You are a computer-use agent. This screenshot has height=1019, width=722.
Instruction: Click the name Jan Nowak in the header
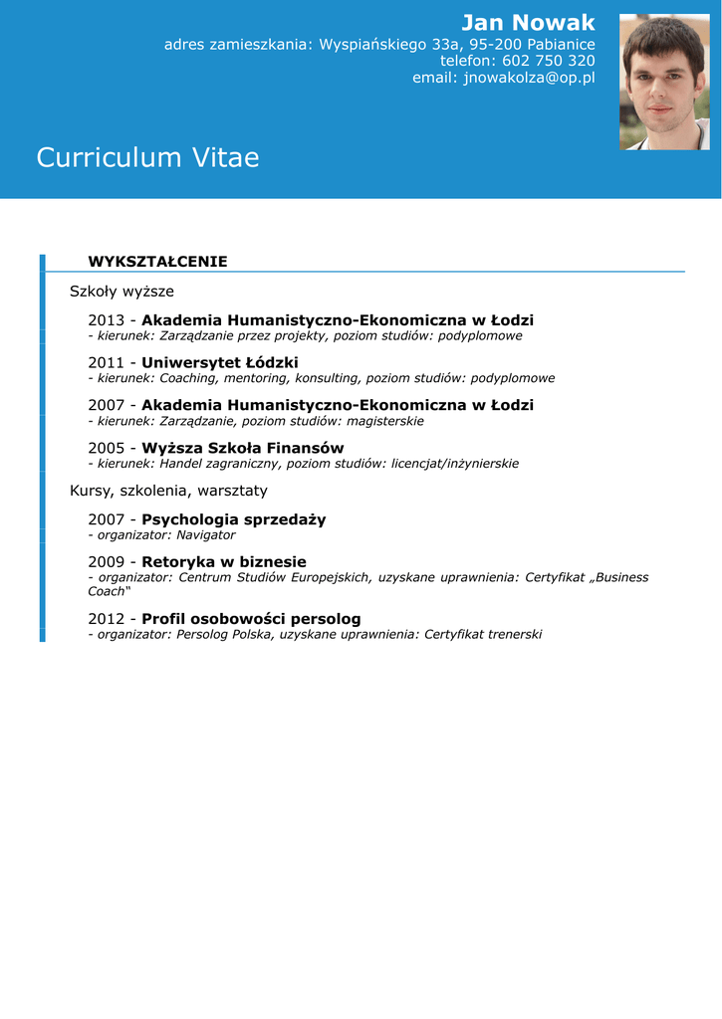[528, 23]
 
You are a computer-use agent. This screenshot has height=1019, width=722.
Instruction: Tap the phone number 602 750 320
[549, 61]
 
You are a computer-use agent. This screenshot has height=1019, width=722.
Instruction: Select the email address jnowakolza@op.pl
[529, 78]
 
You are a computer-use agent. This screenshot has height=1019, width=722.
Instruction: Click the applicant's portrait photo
[664, 82]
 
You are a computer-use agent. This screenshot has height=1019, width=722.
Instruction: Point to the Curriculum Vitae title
[147, 157]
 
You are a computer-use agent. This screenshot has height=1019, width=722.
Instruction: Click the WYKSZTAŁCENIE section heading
[157, 262]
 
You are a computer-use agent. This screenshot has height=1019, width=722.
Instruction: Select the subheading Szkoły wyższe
[121, 292]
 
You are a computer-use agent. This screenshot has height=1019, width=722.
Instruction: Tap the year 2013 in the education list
[106, 320]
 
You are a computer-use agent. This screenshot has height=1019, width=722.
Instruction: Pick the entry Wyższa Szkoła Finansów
[243, 448]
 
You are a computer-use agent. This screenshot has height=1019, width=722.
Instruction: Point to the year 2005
[106, 448]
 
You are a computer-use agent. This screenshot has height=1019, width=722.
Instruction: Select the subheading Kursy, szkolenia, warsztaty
[168, 491]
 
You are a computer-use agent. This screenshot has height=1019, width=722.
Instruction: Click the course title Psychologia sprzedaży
[234, 519]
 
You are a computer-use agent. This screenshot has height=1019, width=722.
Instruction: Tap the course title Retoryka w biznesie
[224, 562]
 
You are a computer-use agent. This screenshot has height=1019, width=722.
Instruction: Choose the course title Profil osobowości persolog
[251, 619]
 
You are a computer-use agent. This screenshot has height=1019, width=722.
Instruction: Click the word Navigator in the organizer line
[206, 535]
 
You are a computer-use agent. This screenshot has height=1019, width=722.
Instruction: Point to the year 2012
[106, 619]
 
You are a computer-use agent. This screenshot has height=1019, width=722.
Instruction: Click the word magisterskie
[385, 421]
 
